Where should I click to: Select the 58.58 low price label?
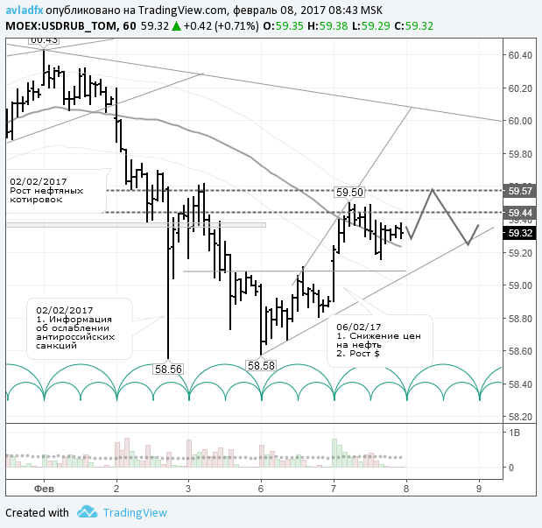[x=262, y=365]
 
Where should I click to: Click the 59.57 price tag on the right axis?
[x=520, y=190]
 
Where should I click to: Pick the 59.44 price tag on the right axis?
[x=520, y=212]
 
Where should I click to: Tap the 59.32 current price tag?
[x=520, y=233]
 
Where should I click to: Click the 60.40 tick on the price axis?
[x=520, y=55]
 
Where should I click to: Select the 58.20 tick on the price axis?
[x=520, y=417]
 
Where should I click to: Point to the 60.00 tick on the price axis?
[x=520, y=121]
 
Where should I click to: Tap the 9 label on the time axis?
[x=478, y=487]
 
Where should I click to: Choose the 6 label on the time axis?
[x=261, y=487]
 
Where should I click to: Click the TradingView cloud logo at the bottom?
[x=86, y=512]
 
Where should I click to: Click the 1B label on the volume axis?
[x=514, y=433]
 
